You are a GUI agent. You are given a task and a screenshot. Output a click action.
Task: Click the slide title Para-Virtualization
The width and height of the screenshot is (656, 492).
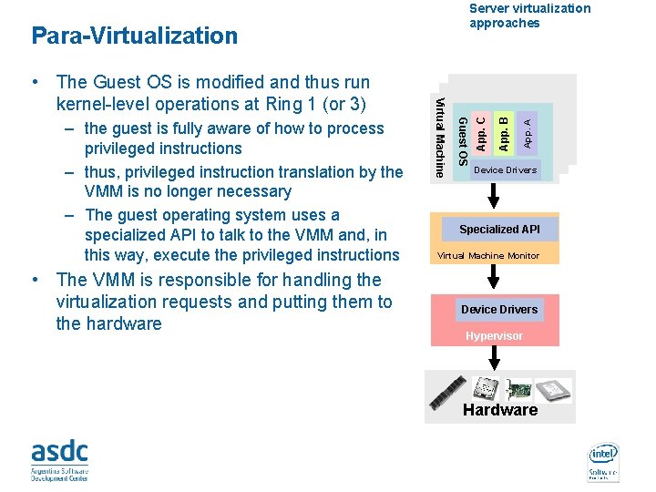134,36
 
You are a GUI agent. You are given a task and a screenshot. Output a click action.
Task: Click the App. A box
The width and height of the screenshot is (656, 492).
528,128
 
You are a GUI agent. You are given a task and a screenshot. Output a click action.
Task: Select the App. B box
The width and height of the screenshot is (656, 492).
505,128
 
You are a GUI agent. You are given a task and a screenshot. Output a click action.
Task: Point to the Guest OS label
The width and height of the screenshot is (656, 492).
462,142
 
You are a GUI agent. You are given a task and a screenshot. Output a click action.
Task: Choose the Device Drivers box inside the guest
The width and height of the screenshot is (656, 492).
506,170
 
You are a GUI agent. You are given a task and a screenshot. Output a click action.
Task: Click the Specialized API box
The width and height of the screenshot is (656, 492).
499,230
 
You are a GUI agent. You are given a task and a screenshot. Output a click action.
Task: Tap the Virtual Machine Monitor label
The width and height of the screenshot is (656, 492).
488,256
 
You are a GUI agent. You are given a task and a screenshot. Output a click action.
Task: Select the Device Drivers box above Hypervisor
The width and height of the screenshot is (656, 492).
499,310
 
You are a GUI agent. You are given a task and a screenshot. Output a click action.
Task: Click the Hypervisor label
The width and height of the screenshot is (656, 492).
494,336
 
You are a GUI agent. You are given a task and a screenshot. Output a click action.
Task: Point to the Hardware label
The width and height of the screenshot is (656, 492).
500,411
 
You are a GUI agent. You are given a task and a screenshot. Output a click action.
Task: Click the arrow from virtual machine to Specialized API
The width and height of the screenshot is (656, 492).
494,195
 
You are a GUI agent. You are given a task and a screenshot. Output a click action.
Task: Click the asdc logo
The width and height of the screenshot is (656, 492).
60,460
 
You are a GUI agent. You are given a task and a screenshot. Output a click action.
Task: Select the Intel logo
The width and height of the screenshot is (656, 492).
603,460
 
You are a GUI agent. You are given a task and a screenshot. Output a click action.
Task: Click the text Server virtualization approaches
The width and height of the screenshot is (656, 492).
529,15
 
